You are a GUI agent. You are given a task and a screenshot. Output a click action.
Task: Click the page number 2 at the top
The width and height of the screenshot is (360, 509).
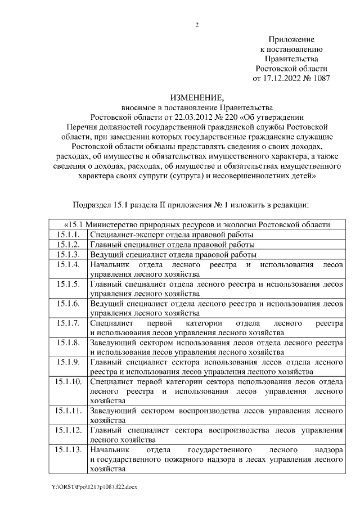point(197,24)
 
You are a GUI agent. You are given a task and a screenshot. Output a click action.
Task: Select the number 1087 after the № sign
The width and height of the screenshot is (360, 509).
point(319,78)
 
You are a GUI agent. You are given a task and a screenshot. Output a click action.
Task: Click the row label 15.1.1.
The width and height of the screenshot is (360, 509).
point(68,234)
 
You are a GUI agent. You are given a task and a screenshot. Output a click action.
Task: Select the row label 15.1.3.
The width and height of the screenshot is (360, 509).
point(68,254)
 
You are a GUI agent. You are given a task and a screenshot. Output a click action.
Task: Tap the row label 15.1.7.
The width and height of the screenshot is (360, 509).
point(68,323)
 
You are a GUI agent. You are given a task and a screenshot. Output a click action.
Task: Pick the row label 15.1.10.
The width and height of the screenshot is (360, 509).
point(70,382)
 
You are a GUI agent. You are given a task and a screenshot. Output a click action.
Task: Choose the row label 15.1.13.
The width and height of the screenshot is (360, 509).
point(70,451)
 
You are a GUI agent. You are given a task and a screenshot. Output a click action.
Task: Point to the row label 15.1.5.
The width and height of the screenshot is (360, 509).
point(68,283)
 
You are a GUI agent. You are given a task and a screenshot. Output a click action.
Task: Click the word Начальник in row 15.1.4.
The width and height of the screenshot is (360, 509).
point(110,264)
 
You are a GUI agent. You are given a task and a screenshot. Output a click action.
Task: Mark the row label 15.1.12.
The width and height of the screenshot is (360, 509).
point(70,431)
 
